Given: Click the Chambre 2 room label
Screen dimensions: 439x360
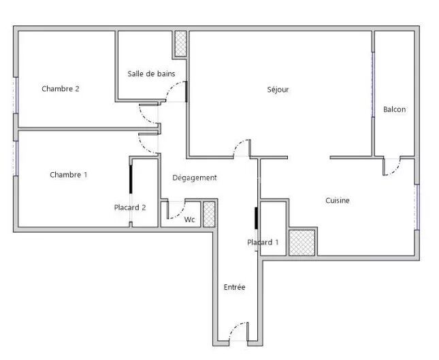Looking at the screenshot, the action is pos(61,88).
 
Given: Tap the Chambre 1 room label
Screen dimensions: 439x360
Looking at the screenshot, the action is pos(69,175).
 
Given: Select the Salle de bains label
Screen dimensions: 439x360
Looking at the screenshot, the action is pos(151,73).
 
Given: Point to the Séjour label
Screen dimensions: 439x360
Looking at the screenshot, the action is pos(278,90).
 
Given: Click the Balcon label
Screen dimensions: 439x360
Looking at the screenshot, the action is pos(395,109).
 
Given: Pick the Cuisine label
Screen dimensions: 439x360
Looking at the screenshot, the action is pos(338,201).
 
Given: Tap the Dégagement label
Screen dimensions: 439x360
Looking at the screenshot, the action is pos(195,178).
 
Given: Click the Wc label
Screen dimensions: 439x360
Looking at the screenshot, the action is pos(189,220).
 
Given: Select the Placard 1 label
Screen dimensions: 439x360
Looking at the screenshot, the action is pos(263,242).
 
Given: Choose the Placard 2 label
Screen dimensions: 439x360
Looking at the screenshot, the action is pos(130,208).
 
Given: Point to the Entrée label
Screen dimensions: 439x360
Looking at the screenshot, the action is pos(235,287).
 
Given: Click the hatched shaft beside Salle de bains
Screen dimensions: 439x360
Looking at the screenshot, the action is pos(180,44).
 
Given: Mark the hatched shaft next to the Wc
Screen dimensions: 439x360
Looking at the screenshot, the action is pos(209,214).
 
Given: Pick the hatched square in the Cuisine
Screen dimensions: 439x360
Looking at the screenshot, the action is pos(302,243).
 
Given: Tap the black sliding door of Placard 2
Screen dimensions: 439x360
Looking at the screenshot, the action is pos(131,179).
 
